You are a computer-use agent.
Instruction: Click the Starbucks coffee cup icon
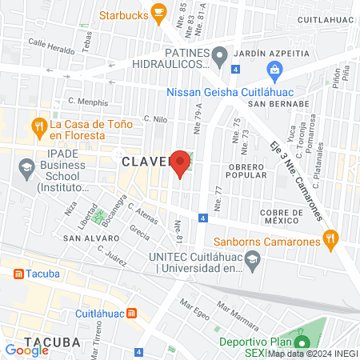click(x=158, y=13)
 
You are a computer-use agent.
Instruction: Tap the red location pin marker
click(x=181, y=163)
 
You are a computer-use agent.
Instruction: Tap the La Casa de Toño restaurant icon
click(x=38, y=126)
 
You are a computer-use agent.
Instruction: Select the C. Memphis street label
click(x=87, y=102)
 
